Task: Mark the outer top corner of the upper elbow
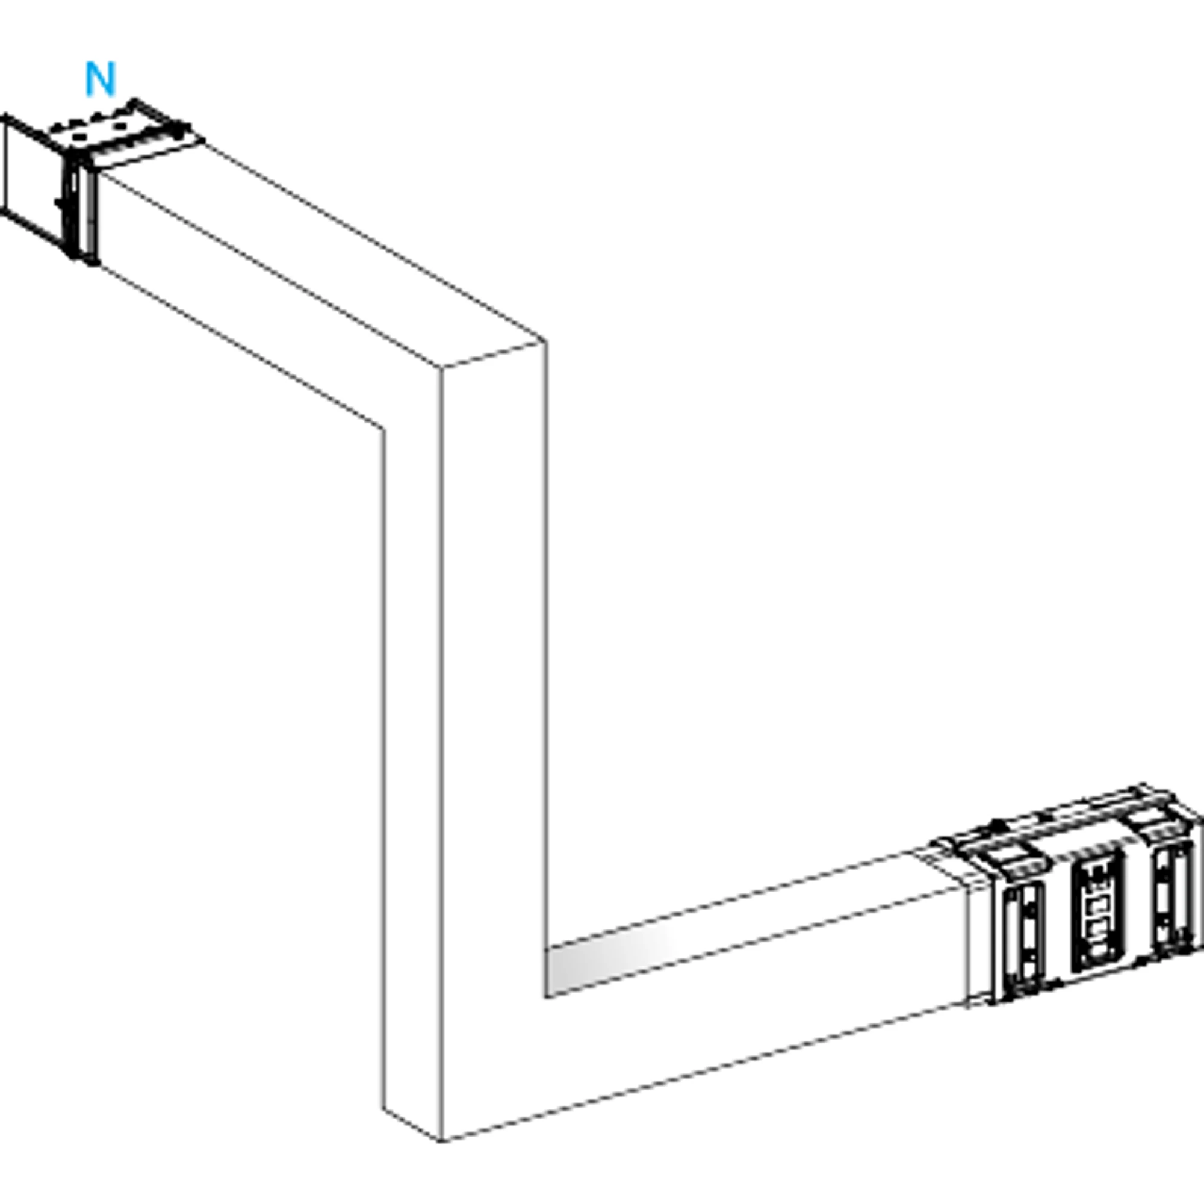click(546, 341)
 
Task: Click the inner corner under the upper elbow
click(383, 428)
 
